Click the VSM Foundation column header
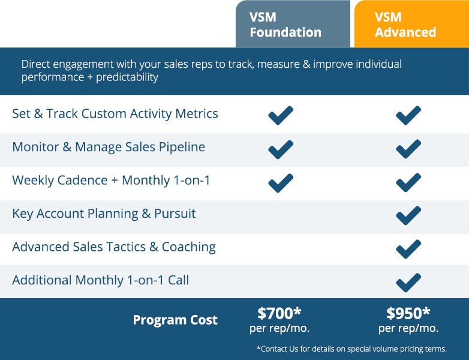coord(293,24)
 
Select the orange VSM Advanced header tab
coord(411,24)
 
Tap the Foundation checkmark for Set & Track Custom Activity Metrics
coord(281,115)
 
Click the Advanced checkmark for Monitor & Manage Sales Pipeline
coord(408,149)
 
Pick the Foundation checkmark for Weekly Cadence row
coord(281,183)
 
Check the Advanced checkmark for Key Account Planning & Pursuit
coord(408,215)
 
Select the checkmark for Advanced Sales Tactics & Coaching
coord(408,249)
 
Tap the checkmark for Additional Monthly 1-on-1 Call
coord(408,283)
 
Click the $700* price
coord(279,313)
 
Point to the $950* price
coord(408,313)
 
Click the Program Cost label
coord(175,320)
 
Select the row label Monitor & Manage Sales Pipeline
coord(109,147)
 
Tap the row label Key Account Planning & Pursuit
coord(104,214)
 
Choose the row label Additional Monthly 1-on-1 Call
coord(101,280)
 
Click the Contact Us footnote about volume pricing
coord(351,349)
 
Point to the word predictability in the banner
coord(127,77)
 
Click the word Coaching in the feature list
coord(189,247)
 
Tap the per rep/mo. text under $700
coord(279,329)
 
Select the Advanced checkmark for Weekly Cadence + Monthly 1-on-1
coord(408,182)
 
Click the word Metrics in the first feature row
coord(197,114)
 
